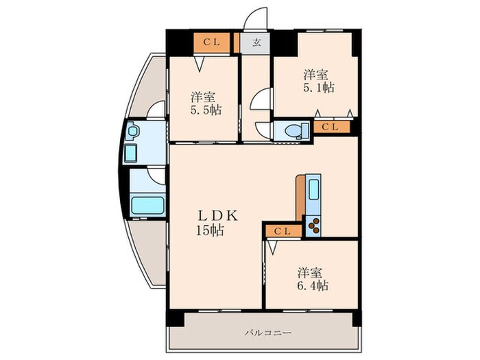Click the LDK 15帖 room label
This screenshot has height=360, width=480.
point(216,223)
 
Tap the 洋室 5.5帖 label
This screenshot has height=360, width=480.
point(206,104)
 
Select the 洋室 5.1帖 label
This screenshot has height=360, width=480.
point(318,81)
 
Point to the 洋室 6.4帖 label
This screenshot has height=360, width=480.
point(313,279)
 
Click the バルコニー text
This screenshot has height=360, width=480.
point(268,333)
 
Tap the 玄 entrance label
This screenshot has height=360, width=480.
point(256,43)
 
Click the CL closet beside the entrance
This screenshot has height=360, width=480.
point(211,43)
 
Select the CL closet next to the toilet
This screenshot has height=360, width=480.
point(331,127)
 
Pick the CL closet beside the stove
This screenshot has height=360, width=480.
point(284,231)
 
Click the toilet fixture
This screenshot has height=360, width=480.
point(296,131)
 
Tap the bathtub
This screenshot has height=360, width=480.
point(147,206)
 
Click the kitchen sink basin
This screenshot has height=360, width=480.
point(313,189)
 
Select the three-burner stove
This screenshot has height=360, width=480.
point(313,226)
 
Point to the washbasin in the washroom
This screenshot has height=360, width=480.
point(133,131)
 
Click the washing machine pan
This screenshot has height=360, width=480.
point(131,154)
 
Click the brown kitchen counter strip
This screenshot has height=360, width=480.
point(300,197)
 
